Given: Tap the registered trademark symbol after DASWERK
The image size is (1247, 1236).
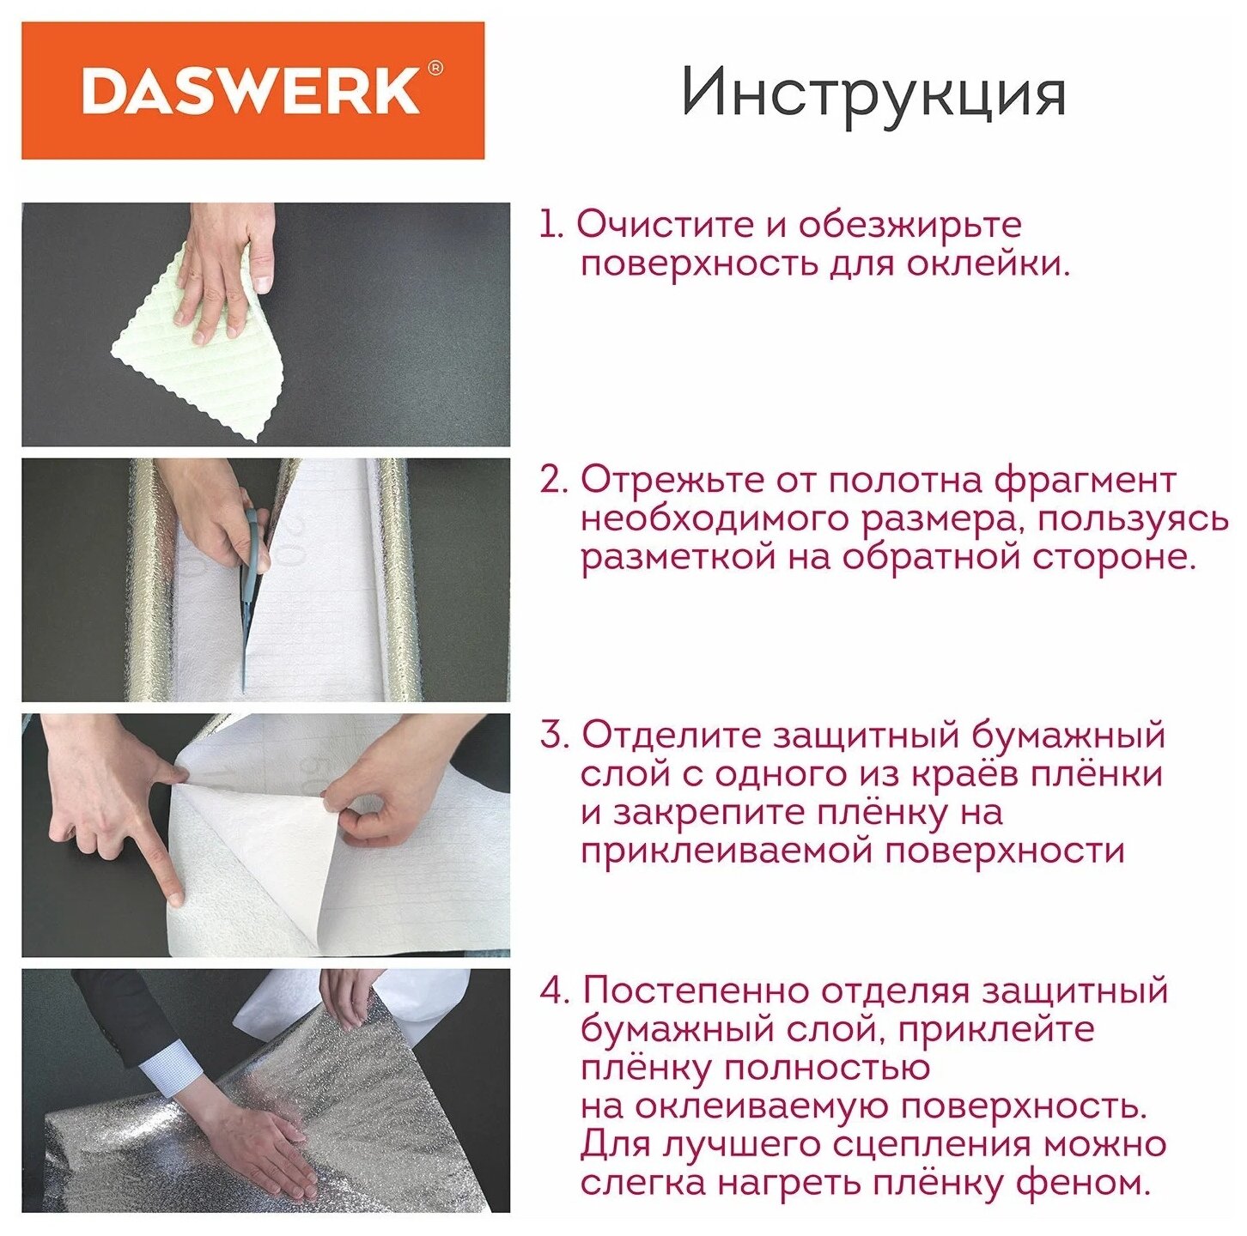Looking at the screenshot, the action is click(x=435, y=68).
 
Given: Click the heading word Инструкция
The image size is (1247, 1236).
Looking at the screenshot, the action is click(x=873, y=94).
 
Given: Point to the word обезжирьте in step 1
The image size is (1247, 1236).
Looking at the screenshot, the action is click(x=910, y=226).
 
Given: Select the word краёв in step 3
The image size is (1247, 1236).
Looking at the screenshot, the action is click(x=967, y=774).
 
